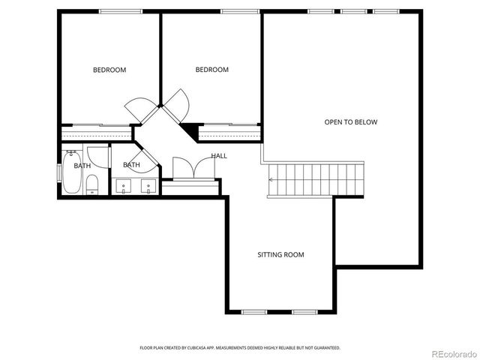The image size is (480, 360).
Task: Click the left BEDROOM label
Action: tap(109, 70)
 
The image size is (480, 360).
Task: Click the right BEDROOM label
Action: tap(211, 70)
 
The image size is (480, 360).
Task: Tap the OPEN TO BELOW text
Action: tap(350, 121)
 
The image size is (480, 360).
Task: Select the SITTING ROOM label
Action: tap(280, 255)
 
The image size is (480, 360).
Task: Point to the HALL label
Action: tap(219, 156)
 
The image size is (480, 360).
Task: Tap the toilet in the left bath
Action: tap(92, 184)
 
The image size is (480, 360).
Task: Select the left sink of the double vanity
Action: tap(124, 184)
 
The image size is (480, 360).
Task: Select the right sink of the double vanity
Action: tap(148, 184)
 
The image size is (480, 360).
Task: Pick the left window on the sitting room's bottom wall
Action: tap(255, 312)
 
